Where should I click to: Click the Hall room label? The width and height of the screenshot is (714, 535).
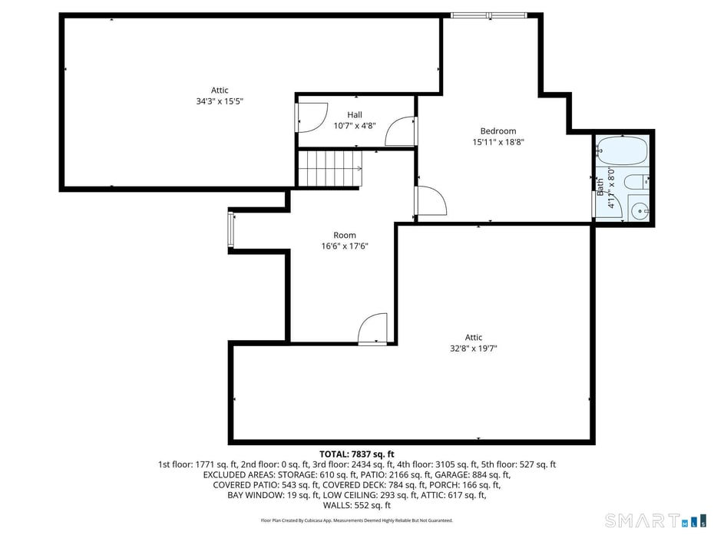point(354,114)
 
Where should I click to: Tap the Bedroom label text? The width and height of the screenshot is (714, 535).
point(497,130)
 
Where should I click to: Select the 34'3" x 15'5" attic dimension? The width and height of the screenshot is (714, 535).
point(220,101)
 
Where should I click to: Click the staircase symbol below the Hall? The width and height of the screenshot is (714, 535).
point(329,168)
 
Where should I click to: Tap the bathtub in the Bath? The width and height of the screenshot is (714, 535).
point(622,150)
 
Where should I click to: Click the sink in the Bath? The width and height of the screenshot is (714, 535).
point(638,210)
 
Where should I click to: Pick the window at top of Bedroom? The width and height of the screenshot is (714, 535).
point(488,15)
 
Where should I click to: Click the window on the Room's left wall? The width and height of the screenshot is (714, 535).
point(230,230)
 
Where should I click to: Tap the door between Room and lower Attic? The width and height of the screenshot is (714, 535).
point(373,330)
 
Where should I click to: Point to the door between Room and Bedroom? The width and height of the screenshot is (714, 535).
point(430,201)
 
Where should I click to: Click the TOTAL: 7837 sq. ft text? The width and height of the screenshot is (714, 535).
point(356,454)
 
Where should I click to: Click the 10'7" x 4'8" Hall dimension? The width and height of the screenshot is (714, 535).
point(354,125)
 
